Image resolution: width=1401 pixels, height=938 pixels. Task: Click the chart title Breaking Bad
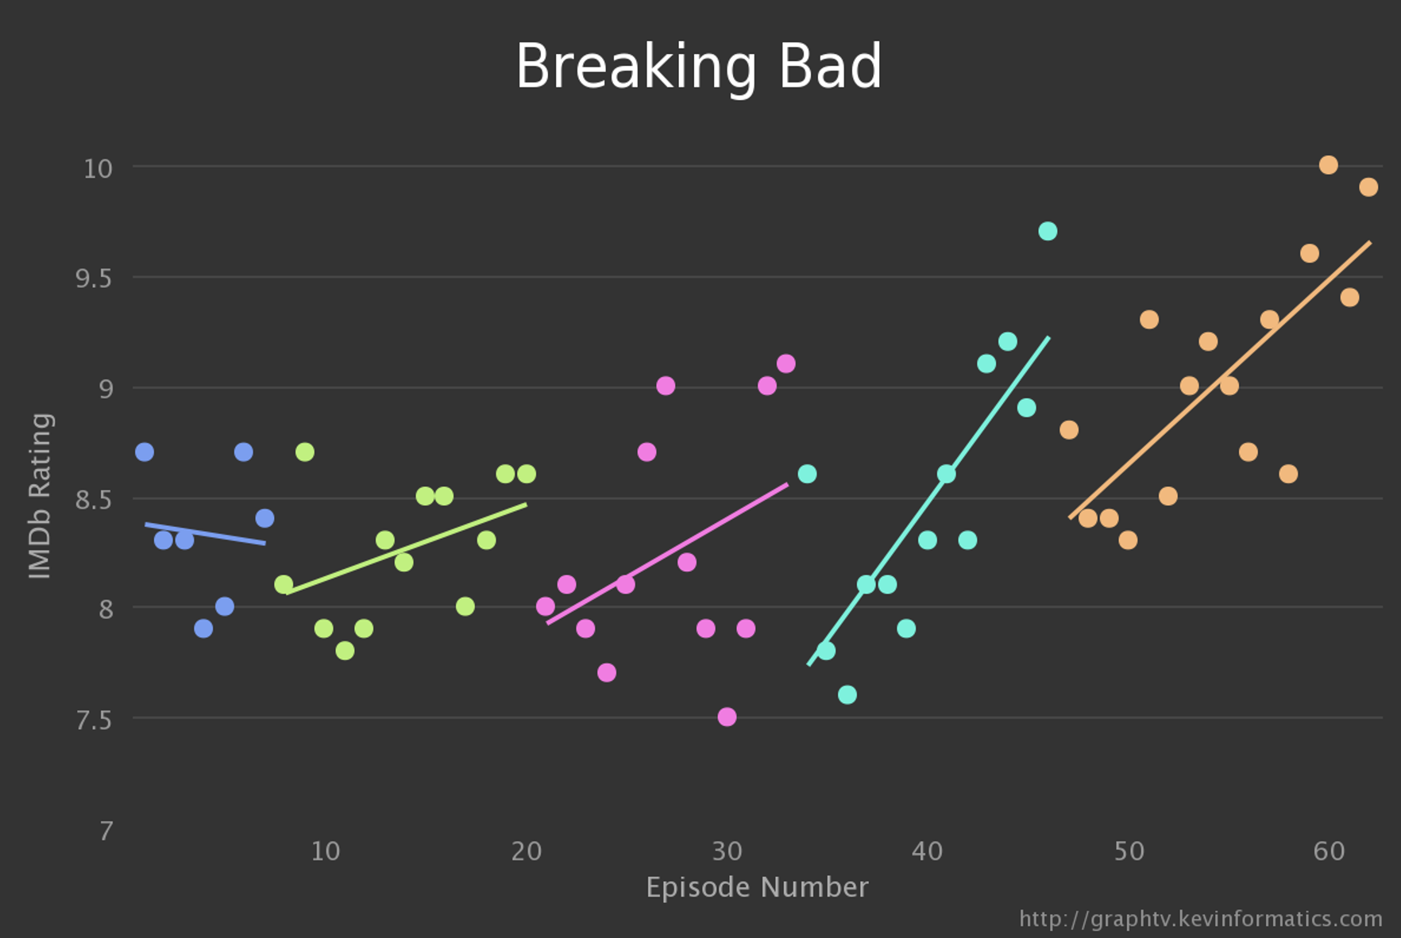(698, 67)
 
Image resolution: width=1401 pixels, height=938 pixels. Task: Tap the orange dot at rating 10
(1328, 165)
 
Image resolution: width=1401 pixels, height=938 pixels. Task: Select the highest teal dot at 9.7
(1047, 231)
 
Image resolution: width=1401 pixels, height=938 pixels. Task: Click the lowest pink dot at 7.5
(726, 717)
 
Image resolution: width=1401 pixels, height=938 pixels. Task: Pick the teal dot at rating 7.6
(847, 694)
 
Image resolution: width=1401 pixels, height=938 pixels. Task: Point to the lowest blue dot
(203, 629)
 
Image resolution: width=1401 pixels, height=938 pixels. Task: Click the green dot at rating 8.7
(304, 452)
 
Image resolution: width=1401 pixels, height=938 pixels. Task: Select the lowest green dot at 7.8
(345, 651)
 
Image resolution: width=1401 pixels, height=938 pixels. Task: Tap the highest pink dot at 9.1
(785, 363)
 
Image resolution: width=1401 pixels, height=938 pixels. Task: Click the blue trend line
(205, 533)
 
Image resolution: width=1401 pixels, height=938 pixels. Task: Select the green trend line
(405, 548)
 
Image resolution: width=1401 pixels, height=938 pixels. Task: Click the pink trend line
(667, 553)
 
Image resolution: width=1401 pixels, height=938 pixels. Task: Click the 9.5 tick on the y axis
(93, 279)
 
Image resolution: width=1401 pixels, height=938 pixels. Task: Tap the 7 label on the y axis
(106, 831)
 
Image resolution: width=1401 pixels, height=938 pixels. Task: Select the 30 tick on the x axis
(726, 852)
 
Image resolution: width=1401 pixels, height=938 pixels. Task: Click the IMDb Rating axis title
(40, 496)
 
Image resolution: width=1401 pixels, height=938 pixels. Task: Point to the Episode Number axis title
(756, 887)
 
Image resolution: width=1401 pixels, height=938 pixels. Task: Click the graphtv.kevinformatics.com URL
(1200, 919)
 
